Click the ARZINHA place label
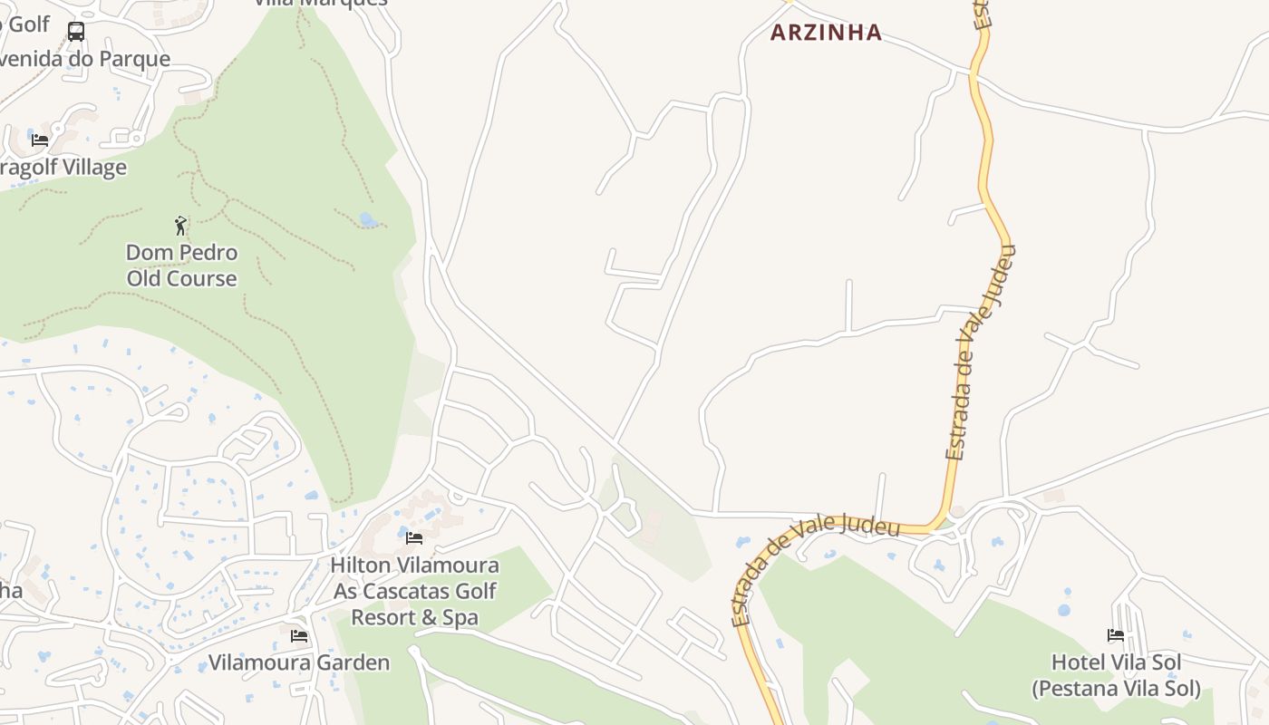826,33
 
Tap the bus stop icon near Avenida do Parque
76,32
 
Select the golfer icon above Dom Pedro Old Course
180,226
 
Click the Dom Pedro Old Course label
181,266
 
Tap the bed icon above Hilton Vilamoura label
414,538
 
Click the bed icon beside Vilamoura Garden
299,636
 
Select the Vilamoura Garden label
299,662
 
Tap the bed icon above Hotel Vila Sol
1116,635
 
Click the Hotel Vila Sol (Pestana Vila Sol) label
1116,675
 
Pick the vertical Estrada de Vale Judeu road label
980,353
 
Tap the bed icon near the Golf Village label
40,140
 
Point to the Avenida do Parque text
85,60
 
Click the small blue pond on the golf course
367,219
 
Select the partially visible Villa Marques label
320,3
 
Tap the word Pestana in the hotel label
1079,689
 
